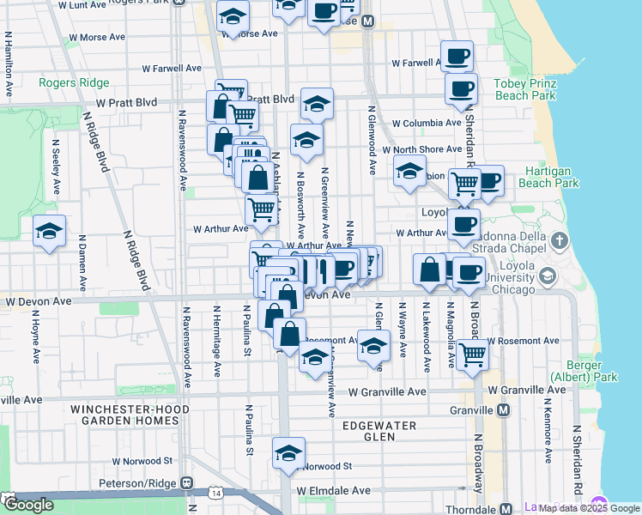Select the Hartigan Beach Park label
(x=550, y=177)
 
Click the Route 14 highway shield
(x=215, y=492)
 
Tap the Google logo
(x=27, y=504)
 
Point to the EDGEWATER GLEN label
(x=379, y=431)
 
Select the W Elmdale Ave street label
(x=334, y=491)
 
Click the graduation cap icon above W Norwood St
(x=288, y=451)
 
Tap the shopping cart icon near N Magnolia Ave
(x=471, y=353)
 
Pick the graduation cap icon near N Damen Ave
(x=49, y=231)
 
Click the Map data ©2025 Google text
(x=588, y=508)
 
